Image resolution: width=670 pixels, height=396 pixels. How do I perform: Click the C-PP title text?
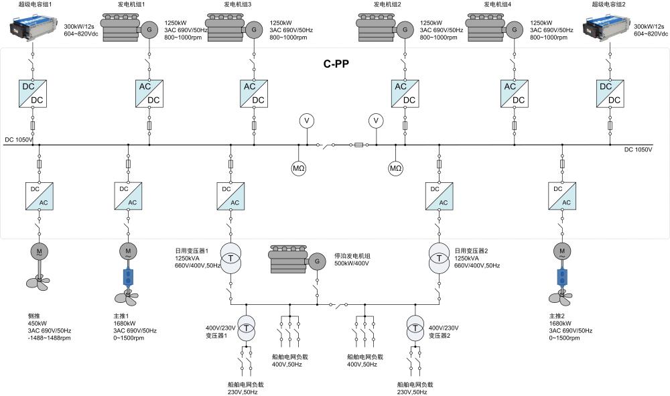tap(337, 64)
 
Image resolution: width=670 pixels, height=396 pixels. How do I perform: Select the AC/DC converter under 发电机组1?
tap(149, 93)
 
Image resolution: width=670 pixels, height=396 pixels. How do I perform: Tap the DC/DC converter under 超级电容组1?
tap(32, 93)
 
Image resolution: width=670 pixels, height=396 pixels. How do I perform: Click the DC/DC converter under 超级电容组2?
tap(610, 93)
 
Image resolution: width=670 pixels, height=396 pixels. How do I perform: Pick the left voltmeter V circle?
tap(307, 121)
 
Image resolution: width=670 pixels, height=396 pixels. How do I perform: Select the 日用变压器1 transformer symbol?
tap(230, 259)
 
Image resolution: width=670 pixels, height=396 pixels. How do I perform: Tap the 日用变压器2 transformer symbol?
tap(439, 259)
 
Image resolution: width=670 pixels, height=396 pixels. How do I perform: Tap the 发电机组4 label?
tap(498, 5)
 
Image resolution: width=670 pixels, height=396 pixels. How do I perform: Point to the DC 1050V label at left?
tap(19, 140)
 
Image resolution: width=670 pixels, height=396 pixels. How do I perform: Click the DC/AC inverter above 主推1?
tap(128, 195)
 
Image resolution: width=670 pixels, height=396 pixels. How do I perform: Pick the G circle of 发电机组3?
tap(253, 29)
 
